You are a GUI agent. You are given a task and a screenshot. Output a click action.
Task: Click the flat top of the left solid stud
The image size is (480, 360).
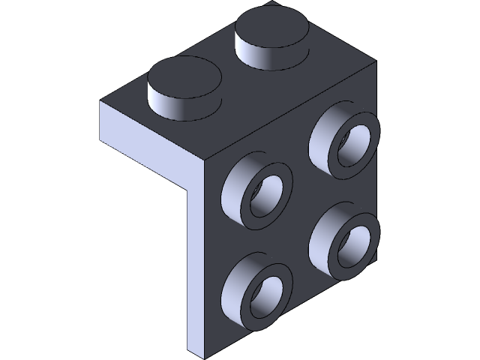(184, 76)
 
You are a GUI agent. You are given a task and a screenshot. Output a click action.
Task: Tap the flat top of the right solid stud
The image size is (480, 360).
(271, 29)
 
